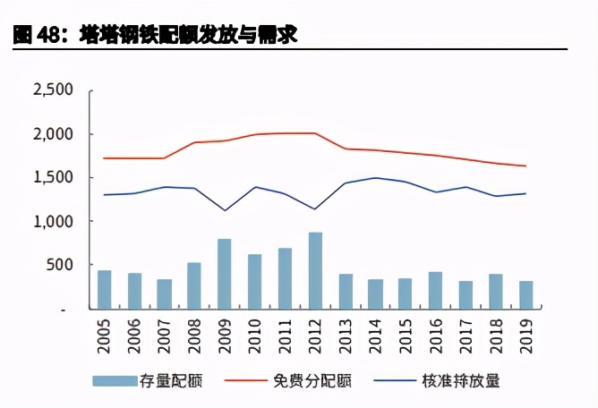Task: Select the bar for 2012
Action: point(315,271)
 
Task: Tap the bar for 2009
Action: point(224,274)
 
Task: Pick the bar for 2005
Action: point(104,289)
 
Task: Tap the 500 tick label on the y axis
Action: point(61,265)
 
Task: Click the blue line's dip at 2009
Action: point(224,210)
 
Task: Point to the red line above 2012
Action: point(315,133)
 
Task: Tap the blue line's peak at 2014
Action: point(376,177)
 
